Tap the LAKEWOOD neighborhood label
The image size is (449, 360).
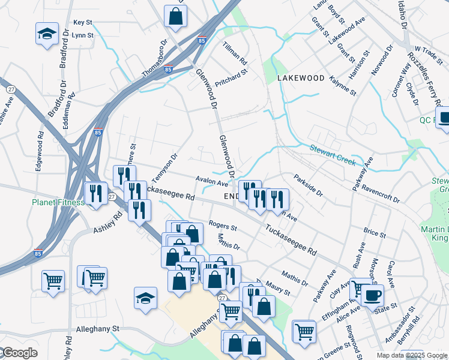pos(301,78)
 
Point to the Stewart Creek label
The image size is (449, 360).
pos(333,155)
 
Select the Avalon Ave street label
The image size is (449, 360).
pos(212,181)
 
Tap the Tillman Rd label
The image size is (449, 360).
pos(235,53)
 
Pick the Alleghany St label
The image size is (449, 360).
pos(98,329)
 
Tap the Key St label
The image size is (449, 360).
pos(82,22)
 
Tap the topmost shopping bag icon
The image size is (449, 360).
pos(175,16)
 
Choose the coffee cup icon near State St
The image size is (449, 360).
pos(372,295)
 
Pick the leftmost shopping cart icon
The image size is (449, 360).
pos(53,281)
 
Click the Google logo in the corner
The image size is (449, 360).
pos(19,353)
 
